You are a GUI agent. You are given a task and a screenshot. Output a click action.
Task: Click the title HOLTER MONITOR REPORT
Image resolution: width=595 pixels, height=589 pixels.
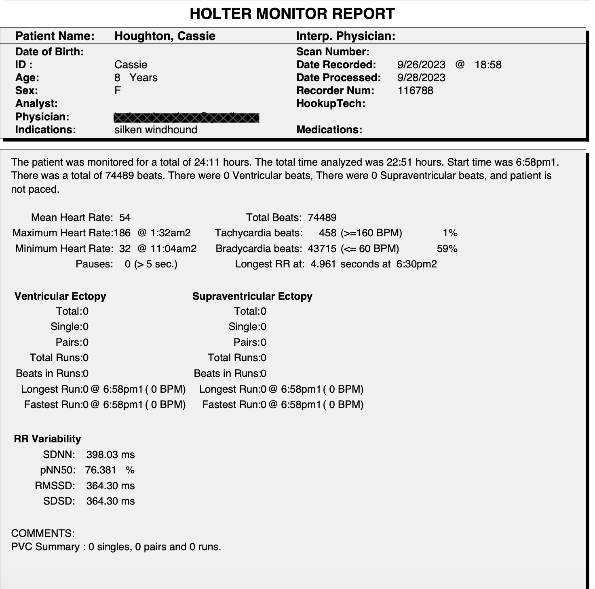(x=292, y=14)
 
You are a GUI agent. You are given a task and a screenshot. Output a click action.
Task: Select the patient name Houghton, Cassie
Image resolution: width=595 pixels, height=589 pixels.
(x=165, y=36)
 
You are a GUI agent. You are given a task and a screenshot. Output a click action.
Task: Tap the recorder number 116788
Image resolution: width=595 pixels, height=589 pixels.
(x=415, y=90)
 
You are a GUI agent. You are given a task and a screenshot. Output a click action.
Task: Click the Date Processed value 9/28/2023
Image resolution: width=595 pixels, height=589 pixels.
(x=421, y=78)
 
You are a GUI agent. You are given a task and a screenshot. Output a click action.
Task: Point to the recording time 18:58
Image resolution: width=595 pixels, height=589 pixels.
(x=488, y=65)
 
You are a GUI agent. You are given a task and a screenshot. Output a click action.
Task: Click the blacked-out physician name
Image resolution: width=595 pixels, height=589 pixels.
(x=186, y=118)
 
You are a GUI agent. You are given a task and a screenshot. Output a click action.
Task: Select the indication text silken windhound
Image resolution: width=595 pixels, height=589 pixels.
(x=156, y=130)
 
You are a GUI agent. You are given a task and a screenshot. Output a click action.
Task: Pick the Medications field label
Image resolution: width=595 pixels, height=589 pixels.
(x=329, y=130)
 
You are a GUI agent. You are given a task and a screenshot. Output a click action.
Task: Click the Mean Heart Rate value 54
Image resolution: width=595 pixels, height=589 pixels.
(x=125, y=218)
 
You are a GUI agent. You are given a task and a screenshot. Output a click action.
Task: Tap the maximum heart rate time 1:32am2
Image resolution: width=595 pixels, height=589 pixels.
(x=170, y=233)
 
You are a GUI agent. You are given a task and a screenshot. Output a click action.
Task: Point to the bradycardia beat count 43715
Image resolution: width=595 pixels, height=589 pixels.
(x=322, y=249)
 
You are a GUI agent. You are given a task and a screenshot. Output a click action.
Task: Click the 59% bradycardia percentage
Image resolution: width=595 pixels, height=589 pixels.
(x=447, y=249)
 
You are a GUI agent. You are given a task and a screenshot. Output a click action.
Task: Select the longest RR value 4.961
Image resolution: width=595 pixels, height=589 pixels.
(x=323, y=264)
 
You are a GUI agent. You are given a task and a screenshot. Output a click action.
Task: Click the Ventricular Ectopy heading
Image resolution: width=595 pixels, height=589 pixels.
(x=60, y=296)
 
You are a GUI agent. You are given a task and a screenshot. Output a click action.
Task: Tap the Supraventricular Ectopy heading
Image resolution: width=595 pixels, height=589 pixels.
(x=252, y=296)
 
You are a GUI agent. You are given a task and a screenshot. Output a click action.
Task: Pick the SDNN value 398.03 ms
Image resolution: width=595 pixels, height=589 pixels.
(x=110, y=455)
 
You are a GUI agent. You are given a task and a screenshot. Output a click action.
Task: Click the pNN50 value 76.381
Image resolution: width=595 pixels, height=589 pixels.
(x=101, y=470)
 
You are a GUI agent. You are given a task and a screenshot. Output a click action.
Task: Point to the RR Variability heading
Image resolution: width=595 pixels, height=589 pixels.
(x=47, y=439)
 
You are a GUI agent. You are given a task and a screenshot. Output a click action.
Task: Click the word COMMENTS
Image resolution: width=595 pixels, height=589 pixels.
(x=43, y=533)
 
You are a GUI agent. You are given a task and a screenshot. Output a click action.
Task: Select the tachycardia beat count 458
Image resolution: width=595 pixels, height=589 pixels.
(x=327, y=233)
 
